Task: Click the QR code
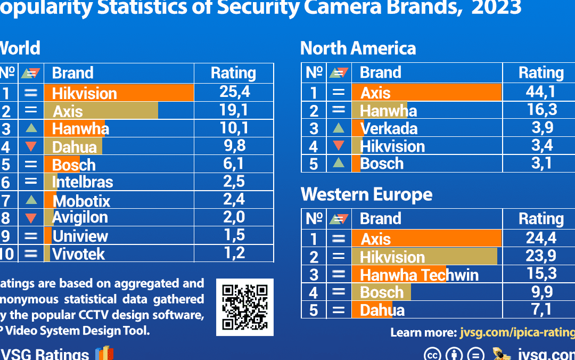point(245,307)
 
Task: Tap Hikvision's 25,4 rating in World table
point(234,92)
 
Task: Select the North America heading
point(358,48)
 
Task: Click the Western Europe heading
point(366,194)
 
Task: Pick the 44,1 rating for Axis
point(540,92)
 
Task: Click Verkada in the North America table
point(389,128)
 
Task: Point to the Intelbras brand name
point(83,182)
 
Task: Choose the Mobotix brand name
point(82,201)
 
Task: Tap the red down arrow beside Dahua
point(31,146)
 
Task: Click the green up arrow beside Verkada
point(339,128)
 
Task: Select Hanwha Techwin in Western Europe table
point(419,275)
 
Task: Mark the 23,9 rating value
point(541,256)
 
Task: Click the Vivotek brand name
point(79,253)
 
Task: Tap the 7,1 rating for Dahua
point(541,309)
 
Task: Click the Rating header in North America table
point(541,73)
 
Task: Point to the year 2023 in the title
point(496,7)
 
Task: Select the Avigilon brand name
point(80,217)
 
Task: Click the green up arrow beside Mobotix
point(31,200)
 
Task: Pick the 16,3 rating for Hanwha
point(541,110)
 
